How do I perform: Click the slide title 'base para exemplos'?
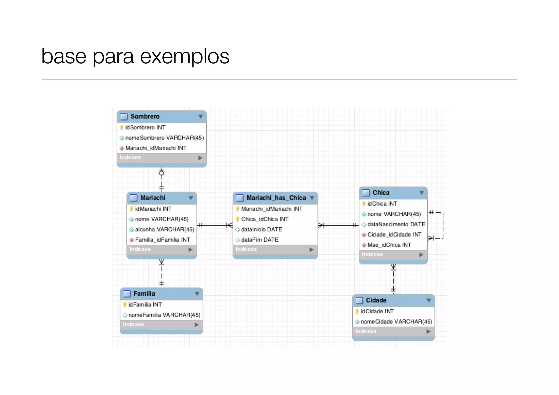[135, 56]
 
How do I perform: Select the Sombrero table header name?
[145, 116]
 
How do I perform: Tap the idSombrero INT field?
[145, 127]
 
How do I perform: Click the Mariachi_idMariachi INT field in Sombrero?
[156, 148]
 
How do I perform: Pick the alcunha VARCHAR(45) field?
[164, 229]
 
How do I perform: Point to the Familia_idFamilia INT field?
[162, 240]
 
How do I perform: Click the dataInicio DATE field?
[261, 229]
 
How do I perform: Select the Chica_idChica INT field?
[264, 219]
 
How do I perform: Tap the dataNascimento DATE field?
[396, 224]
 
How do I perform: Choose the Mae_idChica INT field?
[389, 245]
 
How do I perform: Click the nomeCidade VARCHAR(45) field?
[396, 322]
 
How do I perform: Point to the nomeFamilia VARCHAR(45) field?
[164, 315]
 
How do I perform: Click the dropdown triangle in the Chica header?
[421, 193]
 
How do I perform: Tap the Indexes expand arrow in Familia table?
[197, 325]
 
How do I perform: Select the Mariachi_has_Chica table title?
[276, 198]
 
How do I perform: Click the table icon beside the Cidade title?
[359, 300]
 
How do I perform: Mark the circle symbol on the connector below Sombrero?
[162, 173]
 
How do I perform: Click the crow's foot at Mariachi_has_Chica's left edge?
[230, 225]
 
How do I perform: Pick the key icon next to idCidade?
[357, 311]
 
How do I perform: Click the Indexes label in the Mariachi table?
[140, 249]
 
